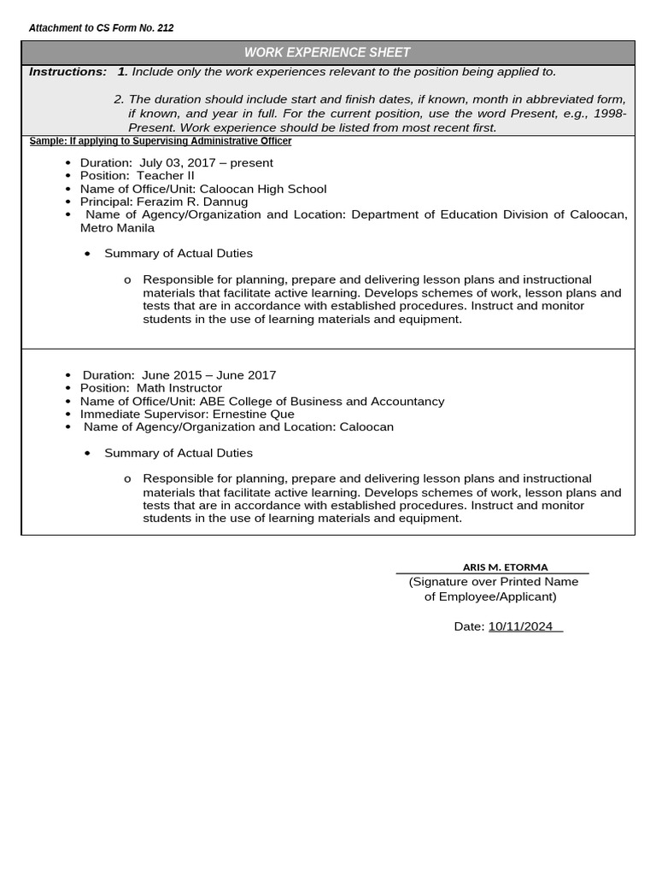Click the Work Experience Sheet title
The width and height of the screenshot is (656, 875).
(327, 53)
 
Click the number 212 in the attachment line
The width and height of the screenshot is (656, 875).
(165, 28)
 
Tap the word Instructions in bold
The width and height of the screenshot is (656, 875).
(67, 72)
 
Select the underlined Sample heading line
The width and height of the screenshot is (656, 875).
(161, 141)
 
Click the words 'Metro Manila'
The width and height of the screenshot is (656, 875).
(117, 228)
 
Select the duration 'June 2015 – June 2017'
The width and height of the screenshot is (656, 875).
(208, 375)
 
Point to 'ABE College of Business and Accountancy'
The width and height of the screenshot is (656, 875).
(322, 401)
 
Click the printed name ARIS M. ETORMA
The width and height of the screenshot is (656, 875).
(505, 567)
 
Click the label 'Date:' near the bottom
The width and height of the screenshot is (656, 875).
(469, 626)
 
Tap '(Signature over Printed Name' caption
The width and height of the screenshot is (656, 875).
(494, 582)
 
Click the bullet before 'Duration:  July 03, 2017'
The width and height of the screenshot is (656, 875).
(68, 163)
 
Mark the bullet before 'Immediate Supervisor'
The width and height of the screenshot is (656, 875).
(68, 414)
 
